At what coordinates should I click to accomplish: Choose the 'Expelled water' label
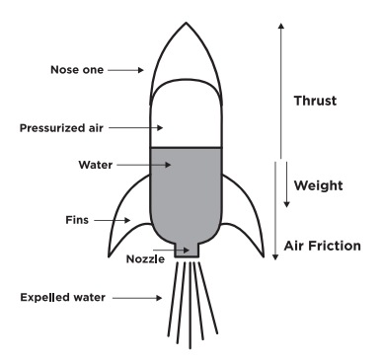coord(78,295)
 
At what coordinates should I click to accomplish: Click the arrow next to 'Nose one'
coord(125,70)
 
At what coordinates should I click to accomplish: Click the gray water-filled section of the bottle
coord(188,192)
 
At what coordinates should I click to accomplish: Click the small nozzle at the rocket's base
coord(188,251)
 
